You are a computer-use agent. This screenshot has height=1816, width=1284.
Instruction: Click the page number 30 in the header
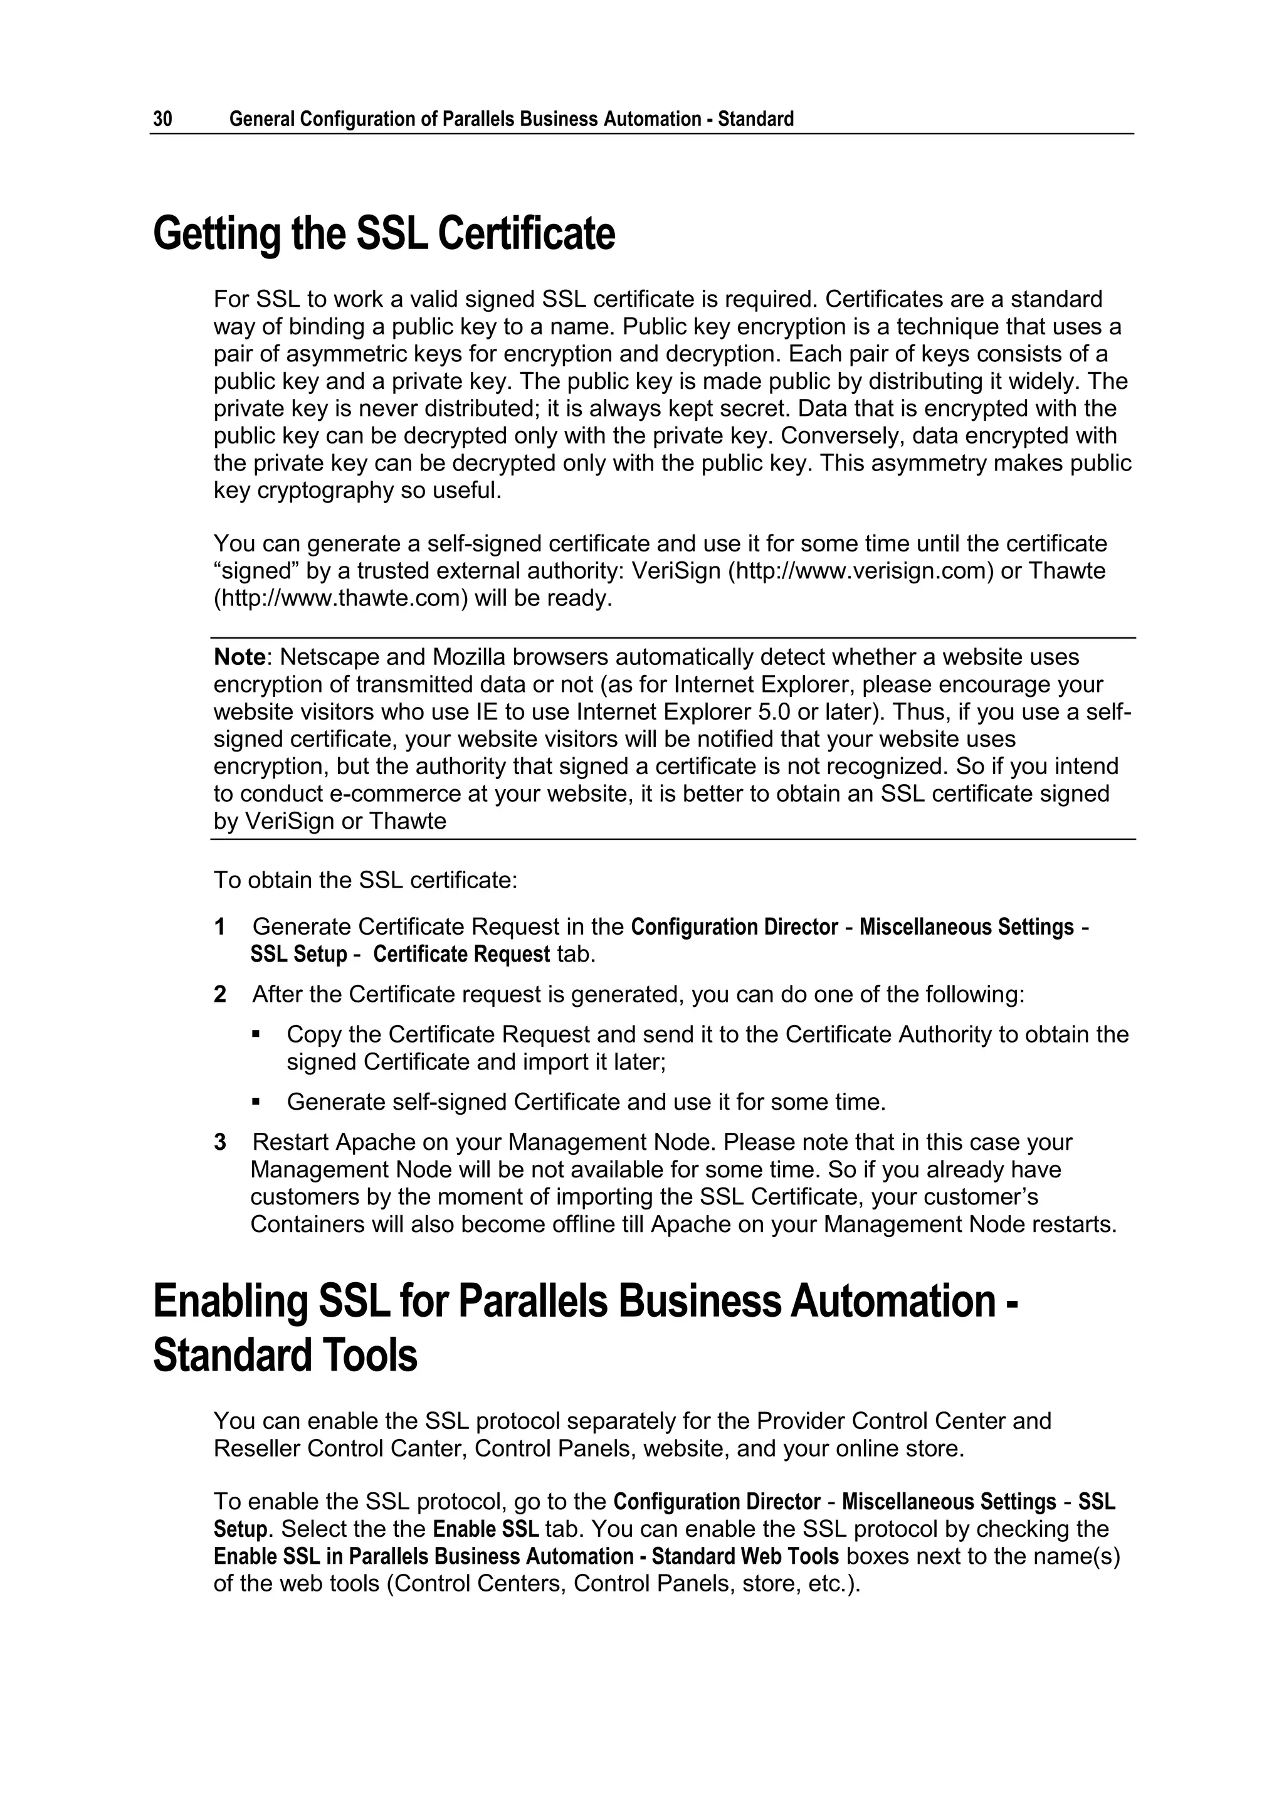click(162, 119)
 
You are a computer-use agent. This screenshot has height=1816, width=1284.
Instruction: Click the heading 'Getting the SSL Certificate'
click(384, 234)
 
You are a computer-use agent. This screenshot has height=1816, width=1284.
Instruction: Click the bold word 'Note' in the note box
click(239, 657)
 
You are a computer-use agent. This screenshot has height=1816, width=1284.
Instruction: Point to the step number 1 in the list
click(220, 927)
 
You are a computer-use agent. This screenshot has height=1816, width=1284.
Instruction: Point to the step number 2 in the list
click(220, 994)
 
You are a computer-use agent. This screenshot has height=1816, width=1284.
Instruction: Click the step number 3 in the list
click(220, 1142)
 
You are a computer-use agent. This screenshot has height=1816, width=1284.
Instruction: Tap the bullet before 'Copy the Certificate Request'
click(255, 1034)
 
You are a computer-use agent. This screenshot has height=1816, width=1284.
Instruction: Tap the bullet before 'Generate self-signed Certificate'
click(255, 1101)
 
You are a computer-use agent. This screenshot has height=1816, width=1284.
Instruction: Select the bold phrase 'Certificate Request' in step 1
click(461, 954)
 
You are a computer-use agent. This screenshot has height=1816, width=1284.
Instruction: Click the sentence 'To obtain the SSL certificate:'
click(366, 879)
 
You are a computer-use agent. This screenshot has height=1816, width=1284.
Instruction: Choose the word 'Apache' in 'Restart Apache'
click(377, 1142)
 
